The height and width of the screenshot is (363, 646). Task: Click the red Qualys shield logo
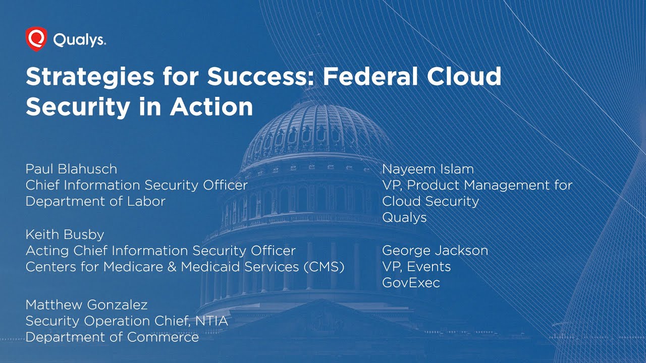[36, 39]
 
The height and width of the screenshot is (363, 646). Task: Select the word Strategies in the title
[87, 77]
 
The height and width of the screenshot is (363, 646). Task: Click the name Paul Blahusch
[71, 169]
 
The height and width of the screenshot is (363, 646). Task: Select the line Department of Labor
[95, 201]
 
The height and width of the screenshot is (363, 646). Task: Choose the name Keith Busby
[65, 234]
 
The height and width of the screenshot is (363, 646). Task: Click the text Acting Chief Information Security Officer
[160, 251]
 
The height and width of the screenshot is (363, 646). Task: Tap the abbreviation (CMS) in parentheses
[324, 267]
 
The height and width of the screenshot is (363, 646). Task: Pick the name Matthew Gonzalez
[86, 305]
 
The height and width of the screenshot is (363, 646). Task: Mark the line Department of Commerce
[112, 337]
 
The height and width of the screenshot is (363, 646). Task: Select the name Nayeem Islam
[428, 169]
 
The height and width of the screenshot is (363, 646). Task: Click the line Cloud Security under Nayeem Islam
[430, 201]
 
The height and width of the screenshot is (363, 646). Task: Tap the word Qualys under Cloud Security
[404, 217]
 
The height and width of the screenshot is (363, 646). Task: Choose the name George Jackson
[435, 250]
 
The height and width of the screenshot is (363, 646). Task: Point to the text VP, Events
[416, 266]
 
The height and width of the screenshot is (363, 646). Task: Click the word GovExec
[411, 282]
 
